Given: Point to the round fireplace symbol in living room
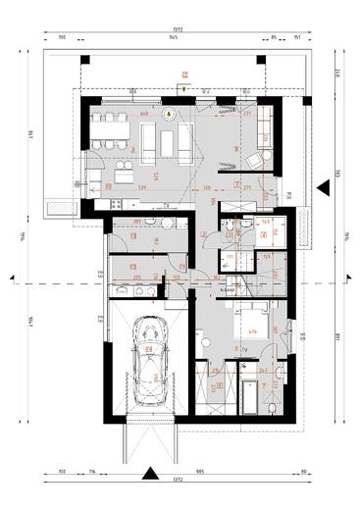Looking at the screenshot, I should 168,113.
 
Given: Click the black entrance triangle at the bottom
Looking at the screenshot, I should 150,475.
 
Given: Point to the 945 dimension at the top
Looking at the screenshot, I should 173,38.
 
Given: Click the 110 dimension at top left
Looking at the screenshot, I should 61,38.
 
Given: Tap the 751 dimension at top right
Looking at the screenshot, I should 297,38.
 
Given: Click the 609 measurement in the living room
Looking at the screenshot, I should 144,114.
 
